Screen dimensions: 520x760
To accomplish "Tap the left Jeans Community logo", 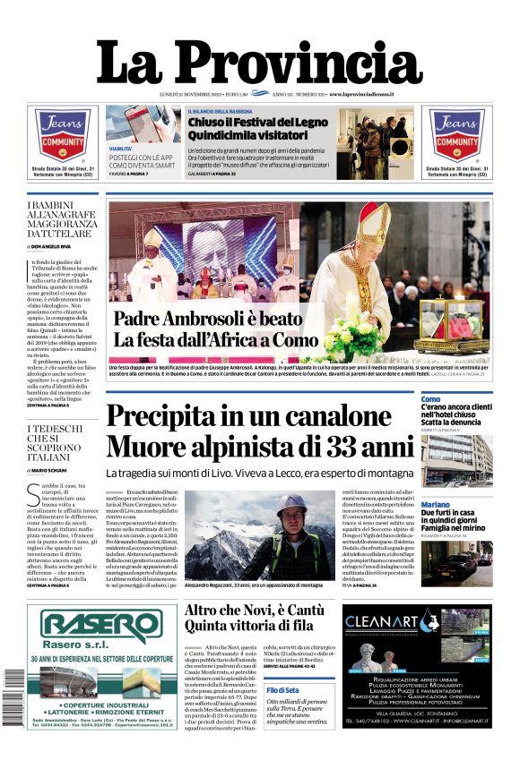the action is point(62,135).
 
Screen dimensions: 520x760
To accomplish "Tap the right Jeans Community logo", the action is point(457,135).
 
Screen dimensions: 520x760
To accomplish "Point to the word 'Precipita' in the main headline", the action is point(171,418).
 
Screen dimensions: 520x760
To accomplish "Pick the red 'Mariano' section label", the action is point(436,505).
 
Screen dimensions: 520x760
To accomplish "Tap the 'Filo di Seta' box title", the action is point(283,690).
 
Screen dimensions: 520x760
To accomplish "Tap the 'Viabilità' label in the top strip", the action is point(121,148).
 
